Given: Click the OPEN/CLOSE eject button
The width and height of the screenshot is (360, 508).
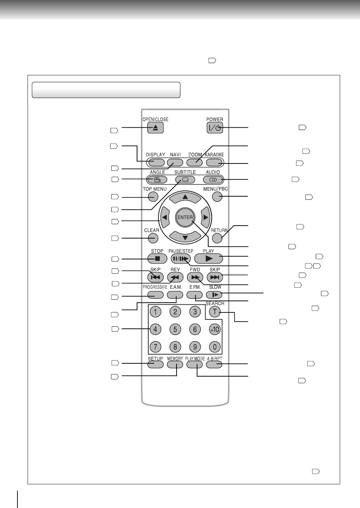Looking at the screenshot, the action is (x=155, y=128).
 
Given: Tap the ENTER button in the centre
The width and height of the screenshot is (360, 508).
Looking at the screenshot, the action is (x=185, y=217).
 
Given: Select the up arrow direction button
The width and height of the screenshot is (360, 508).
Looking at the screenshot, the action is (x=185, y=197).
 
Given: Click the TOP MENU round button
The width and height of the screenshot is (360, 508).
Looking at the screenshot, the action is (x=153, y=197).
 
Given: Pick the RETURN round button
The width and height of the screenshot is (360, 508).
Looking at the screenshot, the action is (x=217, y=238).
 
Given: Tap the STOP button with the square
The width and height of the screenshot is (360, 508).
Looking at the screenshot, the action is (x=157, y=259).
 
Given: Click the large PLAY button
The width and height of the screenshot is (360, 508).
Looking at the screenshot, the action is (x=209, y=258).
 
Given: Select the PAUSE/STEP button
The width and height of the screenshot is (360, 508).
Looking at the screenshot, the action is (x=181, y=259).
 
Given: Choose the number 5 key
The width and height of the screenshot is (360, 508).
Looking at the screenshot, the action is (x=175, y=329).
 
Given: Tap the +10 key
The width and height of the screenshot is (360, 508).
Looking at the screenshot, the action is (x=215, y=329).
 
